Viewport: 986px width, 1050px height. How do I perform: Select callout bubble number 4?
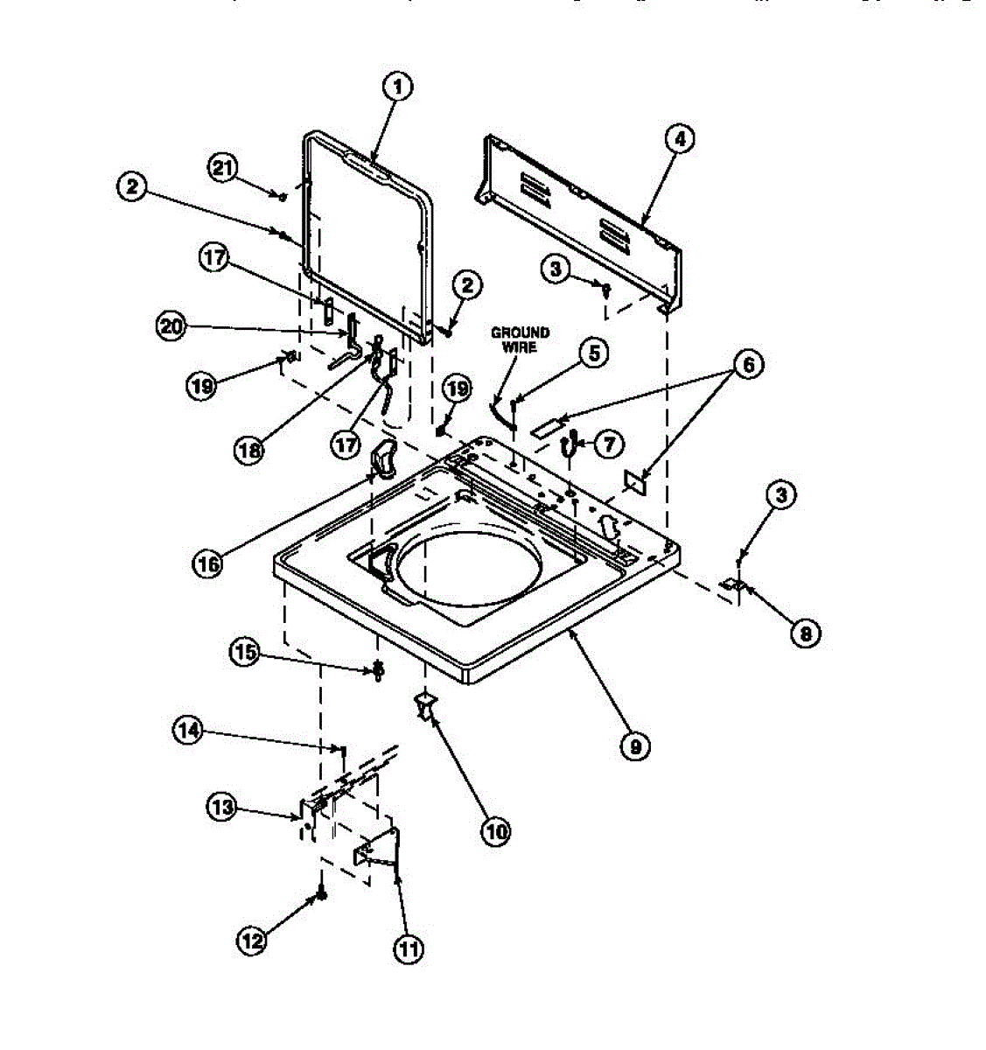(679, 138)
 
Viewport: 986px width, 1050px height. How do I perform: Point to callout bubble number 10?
(495, 830)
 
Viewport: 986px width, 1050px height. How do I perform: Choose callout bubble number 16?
(208, 563)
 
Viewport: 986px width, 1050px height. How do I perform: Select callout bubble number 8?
(805, 632)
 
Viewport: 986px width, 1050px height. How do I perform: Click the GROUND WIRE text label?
(520, 339)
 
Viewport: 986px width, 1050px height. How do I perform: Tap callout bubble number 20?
(172, 327)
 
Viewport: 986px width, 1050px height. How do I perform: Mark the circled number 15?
(245, 651)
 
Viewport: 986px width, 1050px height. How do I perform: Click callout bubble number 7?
(605, 444)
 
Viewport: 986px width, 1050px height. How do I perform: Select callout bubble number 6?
(748, 364)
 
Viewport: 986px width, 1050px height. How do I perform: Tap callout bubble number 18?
(249, 450)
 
